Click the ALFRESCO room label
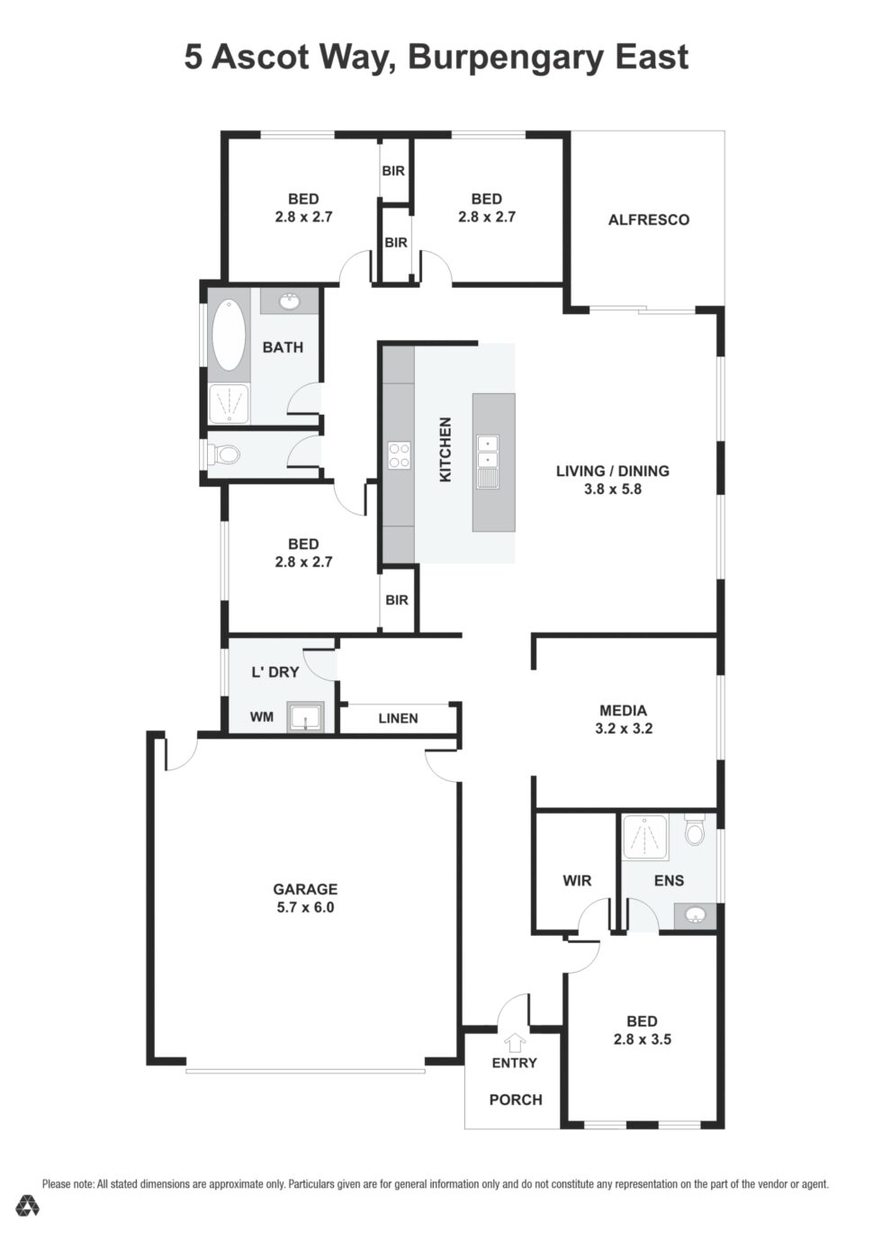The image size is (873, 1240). coord(648,220)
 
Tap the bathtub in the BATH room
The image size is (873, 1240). coord(229,334)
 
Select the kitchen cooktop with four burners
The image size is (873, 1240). coord(399,455)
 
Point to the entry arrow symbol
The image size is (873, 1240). coord(514,1042)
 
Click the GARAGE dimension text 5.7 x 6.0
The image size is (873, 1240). coord(305,907)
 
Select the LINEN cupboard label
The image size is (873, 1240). coord(398,718)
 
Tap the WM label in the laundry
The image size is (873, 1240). coord(261,717)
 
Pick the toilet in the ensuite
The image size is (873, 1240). coord(694,830)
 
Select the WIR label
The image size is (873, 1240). coord(577,880)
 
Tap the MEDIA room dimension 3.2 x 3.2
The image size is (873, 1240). coord(624,729)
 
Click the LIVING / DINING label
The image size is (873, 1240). coord(612,471)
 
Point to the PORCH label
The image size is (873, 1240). coord(516,1100)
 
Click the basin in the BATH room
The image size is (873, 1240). coord(290,301)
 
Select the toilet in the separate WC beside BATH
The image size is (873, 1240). coord(228,455)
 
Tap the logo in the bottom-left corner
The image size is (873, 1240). coord(27,1207)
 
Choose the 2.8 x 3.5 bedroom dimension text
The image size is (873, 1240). coord(642,1039)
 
